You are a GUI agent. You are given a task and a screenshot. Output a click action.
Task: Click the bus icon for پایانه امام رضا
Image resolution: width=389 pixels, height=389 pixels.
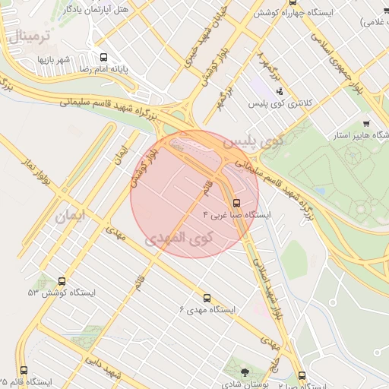(103, 56)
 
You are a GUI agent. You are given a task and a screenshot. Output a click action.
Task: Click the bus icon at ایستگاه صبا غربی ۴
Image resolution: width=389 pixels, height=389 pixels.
(236, 204)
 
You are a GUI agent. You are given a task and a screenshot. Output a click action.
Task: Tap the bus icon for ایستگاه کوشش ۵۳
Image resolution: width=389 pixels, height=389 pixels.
(62, 281)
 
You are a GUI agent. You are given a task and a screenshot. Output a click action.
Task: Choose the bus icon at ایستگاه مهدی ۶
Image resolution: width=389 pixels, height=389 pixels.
(207, 298)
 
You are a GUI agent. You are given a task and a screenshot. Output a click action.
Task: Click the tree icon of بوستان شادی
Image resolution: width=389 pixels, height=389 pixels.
(244, 372)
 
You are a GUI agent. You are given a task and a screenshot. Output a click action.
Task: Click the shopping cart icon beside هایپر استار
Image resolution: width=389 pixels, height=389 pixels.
(366, 123)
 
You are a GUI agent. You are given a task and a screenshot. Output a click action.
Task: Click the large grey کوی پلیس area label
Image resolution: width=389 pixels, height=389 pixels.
(248, 142)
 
